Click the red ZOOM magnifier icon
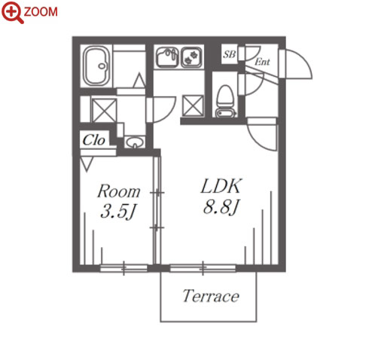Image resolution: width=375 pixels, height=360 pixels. [x=12, y=12]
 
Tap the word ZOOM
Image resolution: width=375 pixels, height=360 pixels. [x=41, y=12]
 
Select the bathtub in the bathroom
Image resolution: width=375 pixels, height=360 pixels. [x=97, y=66]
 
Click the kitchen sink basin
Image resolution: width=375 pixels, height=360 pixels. [x=167, y=58]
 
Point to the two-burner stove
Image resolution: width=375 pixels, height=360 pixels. [x=191, y=57]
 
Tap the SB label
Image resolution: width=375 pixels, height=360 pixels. [x=229, y=54]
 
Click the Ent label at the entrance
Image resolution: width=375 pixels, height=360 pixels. [x=262, y=62]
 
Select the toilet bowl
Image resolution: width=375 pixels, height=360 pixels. [x=224, y=96]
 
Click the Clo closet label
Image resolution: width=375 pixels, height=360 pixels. [x=93, y=140]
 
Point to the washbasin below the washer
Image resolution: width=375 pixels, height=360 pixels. [x=135, y=142]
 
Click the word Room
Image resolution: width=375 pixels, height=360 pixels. [x=119, y=191]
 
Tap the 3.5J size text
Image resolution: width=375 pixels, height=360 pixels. [x=118, y=212]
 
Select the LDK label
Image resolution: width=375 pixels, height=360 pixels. [x=221, y=186]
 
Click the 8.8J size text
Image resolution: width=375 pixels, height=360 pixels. [x=221, y=207]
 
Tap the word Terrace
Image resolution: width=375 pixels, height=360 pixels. [x=211, y=296]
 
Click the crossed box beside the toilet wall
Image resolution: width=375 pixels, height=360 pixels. [x=193, y=106]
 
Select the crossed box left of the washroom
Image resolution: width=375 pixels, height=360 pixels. [x=104, y=111]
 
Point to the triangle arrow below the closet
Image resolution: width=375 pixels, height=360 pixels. [x=87, y=164]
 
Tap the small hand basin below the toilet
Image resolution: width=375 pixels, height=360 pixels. [x=226, y=114]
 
